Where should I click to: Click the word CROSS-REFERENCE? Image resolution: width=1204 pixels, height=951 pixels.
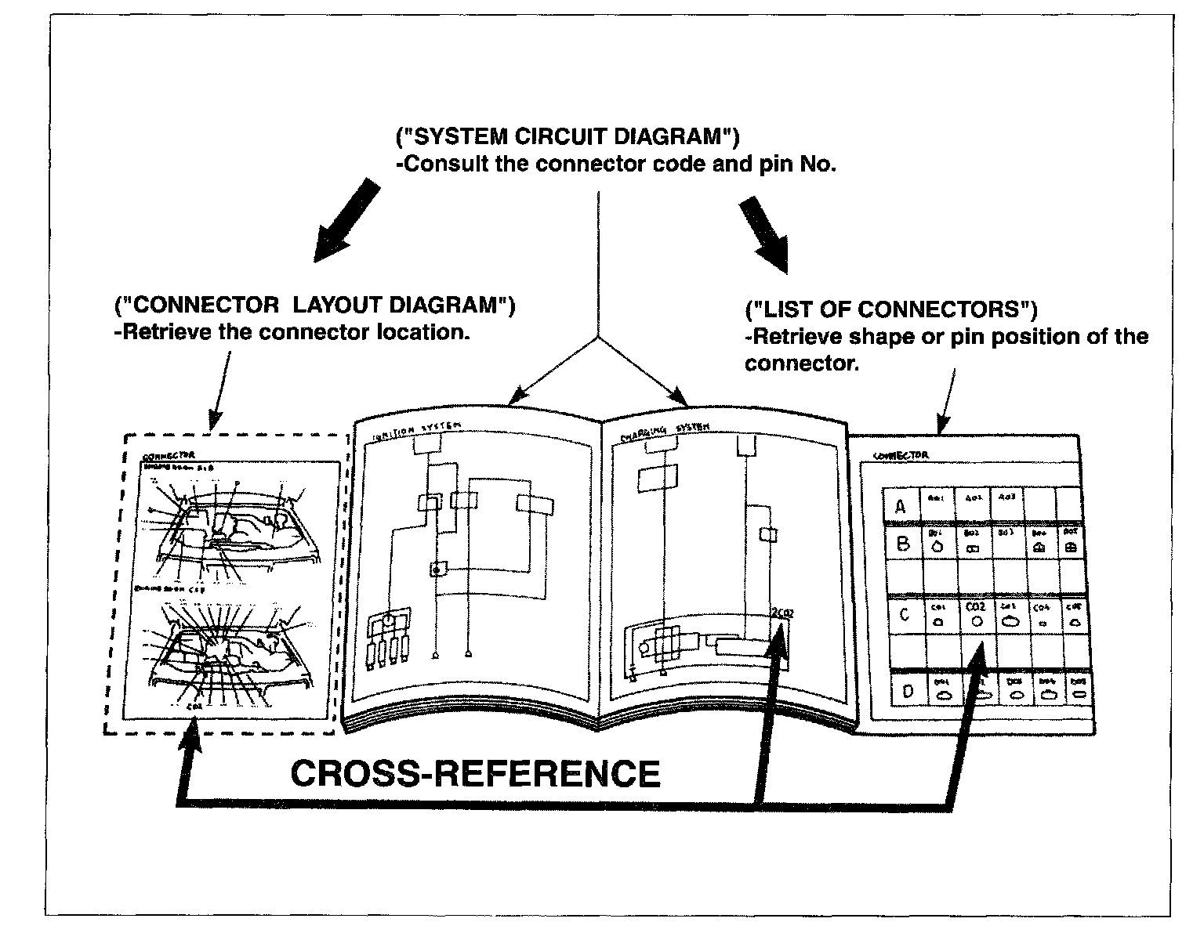click(475, 774)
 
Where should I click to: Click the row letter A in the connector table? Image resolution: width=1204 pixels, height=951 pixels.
click(901, 507)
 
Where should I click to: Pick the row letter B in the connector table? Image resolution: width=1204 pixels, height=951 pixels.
click(902, 544)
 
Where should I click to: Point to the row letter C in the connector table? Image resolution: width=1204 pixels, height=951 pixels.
click(904, 615)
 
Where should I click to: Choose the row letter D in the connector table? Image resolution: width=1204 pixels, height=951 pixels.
click(908, 692)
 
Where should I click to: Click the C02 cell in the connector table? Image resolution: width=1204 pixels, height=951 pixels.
click(976, 613)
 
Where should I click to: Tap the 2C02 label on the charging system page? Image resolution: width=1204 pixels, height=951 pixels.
click(782, 613)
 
